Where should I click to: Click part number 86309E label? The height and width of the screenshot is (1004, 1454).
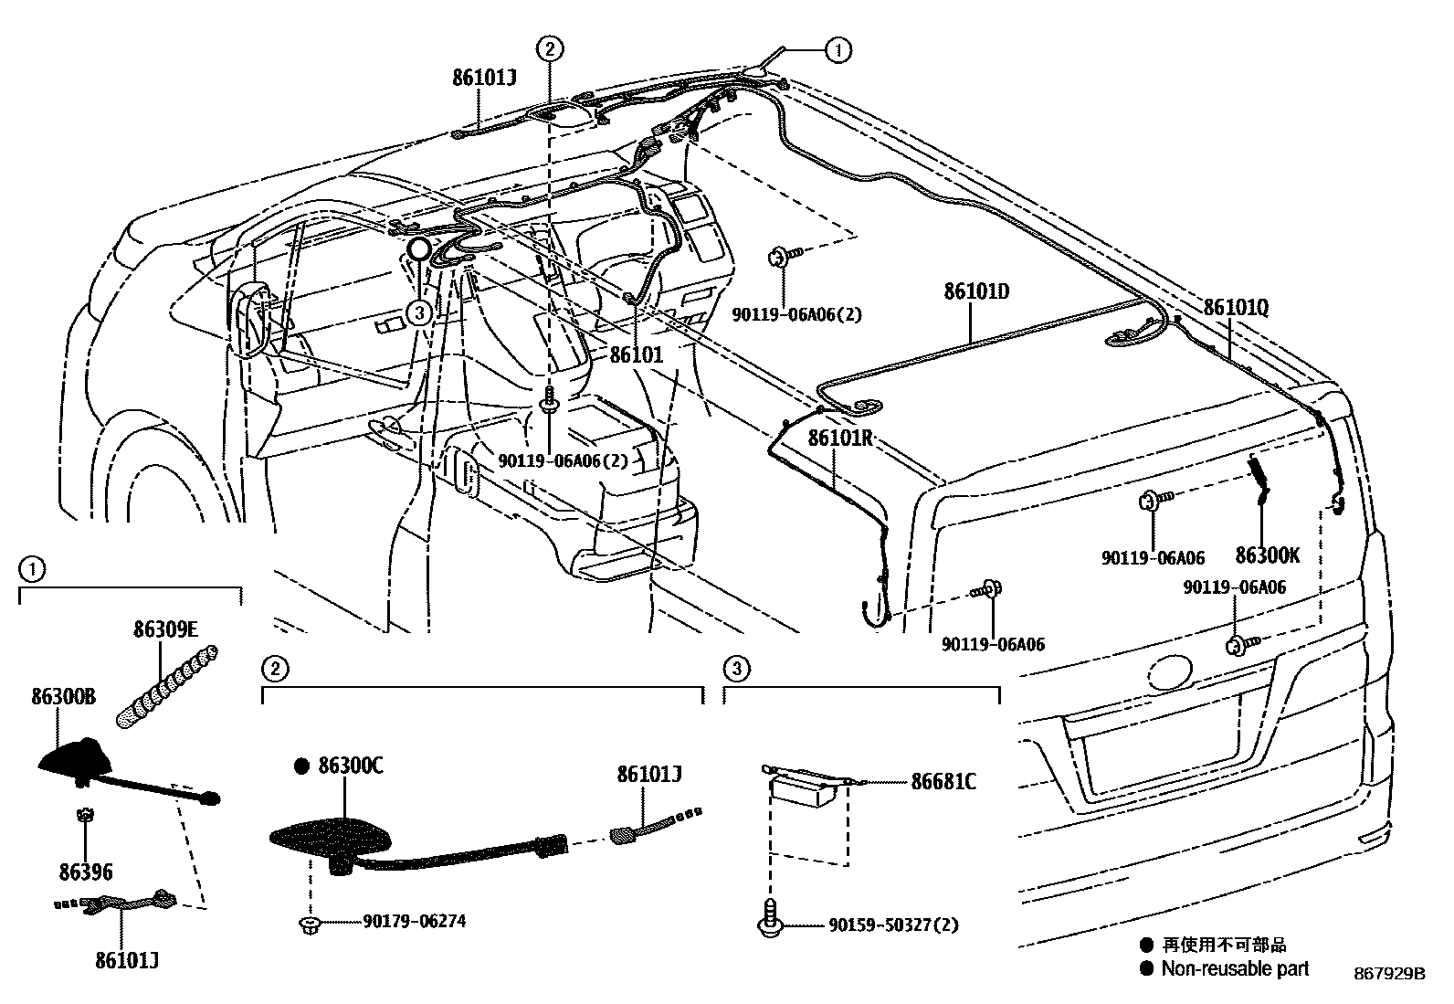(165, 629)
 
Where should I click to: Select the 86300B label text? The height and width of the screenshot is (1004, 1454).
(63, 697)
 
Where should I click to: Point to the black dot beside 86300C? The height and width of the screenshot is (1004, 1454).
(301, 767)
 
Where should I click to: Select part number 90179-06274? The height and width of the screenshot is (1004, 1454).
(414, 922)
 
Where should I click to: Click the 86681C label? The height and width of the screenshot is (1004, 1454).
(943, 782)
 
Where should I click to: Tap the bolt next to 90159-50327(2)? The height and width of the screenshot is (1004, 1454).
(769, 916)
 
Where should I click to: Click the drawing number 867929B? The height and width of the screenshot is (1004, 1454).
(1389, 975)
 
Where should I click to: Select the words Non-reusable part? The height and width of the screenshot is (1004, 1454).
(1234, 968)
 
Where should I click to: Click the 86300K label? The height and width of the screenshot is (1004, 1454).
(1267, 555)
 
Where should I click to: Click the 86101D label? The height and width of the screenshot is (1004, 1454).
(976, 292)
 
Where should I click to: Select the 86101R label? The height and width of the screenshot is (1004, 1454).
(841, 437)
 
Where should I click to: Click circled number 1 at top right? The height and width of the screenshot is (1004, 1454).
(838, 50)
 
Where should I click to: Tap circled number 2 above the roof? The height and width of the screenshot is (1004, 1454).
(549, 49)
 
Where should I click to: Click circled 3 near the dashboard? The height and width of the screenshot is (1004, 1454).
(419, 313)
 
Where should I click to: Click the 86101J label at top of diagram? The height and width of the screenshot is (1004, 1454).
(484, 78)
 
